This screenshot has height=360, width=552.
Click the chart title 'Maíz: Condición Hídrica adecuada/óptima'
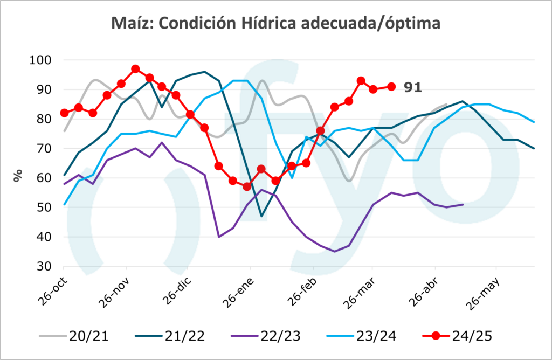pos(275,24)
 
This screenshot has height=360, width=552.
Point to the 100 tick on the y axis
pos(44,60)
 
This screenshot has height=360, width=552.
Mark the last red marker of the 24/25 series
pos(392,86)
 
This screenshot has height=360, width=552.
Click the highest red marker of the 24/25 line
pos(135,69)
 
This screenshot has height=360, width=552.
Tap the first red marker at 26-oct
pos(64,113)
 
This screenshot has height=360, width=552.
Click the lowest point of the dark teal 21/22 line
pos(262,216)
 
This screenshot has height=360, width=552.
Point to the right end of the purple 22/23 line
pos(463,204)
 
